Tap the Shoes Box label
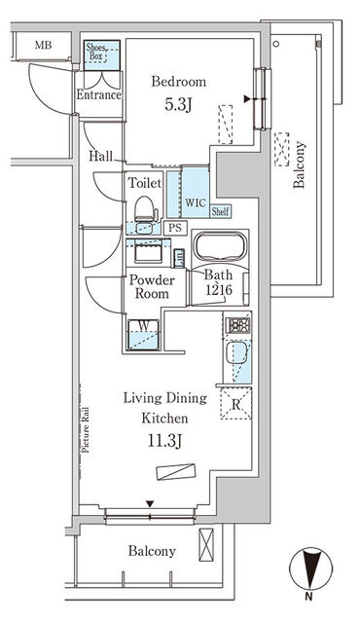[x=99, y=54]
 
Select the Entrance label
[x=98, y=95]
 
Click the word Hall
[x=99, y=155]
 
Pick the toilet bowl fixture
[x=144, y=207]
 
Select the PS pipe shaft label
[x=175, y=228]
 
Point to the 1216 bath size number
[x=219, y=290]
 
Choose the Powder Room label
[x=150, y=287]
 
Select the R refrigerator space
[x=234, y=400]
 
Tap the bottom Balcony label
[x=153, y=551]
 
